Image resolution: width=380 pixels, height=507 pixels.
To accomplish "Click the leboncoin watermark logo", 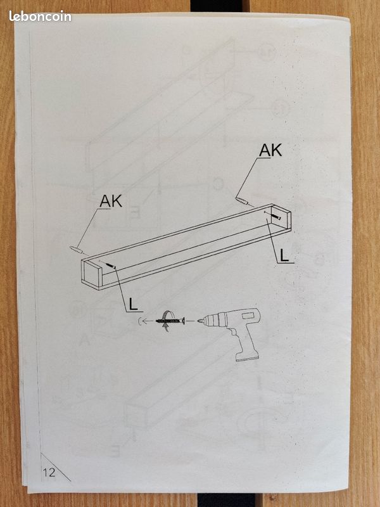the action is [40, 16].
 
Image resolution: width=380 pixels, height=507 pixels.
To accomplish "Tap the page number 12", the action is [49, 472].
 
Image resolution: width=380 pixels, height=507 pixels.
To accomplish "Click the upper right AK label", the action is [270, 150].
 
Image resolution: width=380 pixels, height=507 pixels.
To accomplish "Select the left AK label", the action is [111, 201].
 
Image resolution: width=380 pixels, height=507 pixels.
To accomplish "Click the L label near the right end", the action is [284, 255].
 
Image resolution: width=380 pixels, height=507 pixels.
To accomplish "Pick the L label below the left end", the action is [133, 304].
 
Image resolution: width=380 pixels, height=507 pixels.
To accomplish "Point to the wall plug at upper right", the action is [242, 201].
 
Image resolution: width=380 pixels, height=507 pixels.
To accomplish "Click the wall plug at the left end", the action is [76, 249].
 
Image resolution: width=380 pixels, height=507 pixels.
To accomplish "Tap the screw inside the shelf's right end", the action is [277, 217].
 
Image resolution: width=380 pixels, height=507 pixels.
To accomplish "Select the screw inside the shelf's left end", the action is [111, 266].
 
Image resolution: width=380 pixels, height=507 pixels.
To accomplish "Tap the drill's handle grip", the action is [244, 342].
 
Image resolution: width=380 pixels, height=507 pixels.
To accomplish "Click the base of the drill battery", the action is [248, 357].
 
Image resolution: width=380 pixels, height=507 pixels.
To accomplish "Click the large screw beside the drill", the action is [170, 321].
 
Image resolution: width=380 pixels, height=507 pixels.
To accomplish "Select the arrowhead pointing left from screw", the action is [144, 321].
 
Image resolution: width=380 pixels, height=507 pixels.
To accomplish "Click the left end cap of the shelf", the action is [91, 273].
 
